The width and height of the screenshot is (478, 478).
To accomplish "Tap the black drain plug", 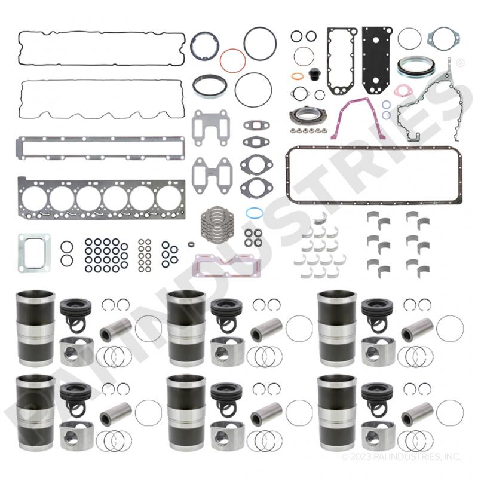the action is pyautogui.click(x=312, y=74).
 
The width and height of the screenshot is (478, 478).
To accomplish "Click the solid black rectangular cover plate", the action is pyautogui.click(x=376, y=60).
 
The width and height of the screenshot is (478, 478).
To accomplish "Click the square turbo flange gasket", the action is pyautogui.click(x=21, y=253).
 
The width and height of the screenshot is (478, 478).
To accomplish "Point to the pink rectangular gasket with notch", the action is pyautogui.click(x=195, y=266).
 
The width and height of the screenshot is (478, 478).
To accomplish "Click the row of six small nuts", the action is pyautogui.click(x=308, y=130).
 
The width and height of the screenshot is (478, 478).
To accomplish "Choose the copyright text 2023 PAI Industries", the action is pyautogui.click(x=401, y=456).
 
